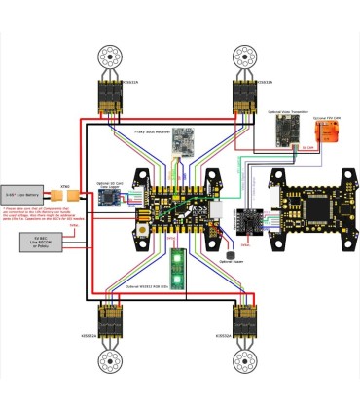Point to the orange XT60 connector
pyautogui.click(x=65, y=193)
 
